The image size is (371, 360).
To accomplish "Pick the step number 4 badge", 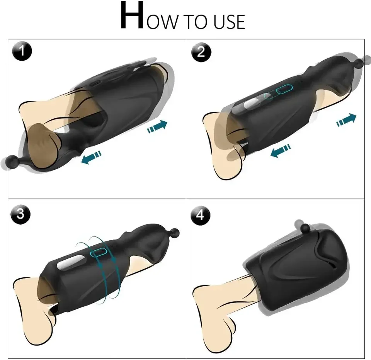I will (x=200, y=215).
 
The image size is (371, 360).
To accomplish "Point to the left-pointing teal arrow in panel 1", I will (x=92, y=157).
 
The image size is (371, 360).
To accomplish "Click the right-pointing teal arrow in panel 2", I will (x=346, y=120).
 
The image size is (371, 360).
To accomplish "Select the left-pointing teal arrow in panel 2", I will (x=281, y=150).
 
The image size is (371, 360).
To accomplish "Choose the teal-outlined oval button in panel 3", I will (x=97, y=253).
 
